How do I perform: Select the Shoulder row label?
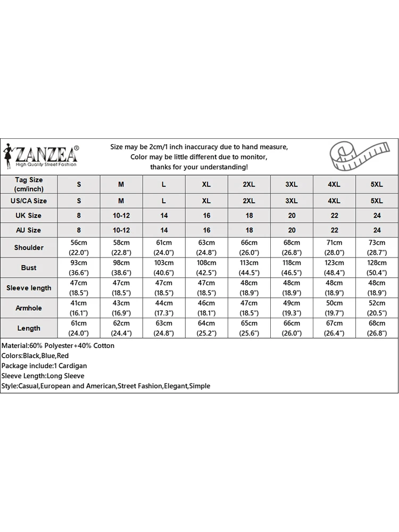29,247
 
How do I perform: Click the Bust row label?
29,268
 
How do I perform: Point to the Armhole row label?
29,308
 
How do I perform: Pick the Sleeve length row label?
29,288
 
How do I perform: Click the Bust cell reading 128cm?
377,268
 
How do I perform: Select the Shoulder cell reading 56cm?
79,247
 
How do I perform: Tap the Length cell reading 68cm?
377,328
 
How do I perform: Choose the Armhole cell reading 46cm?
206,308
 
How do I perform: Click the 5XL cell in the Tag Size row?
377,184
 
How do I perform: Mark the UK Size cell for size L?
164,215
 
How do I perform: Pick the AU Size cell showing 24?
377,230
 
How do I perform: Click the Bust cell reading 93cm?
79,268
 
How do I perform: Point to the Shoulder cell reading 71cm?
334,247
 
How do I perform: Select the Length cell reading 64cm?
206,328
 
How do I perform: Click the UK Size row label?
29,215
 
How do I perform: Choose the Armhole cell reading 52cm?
377,308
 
